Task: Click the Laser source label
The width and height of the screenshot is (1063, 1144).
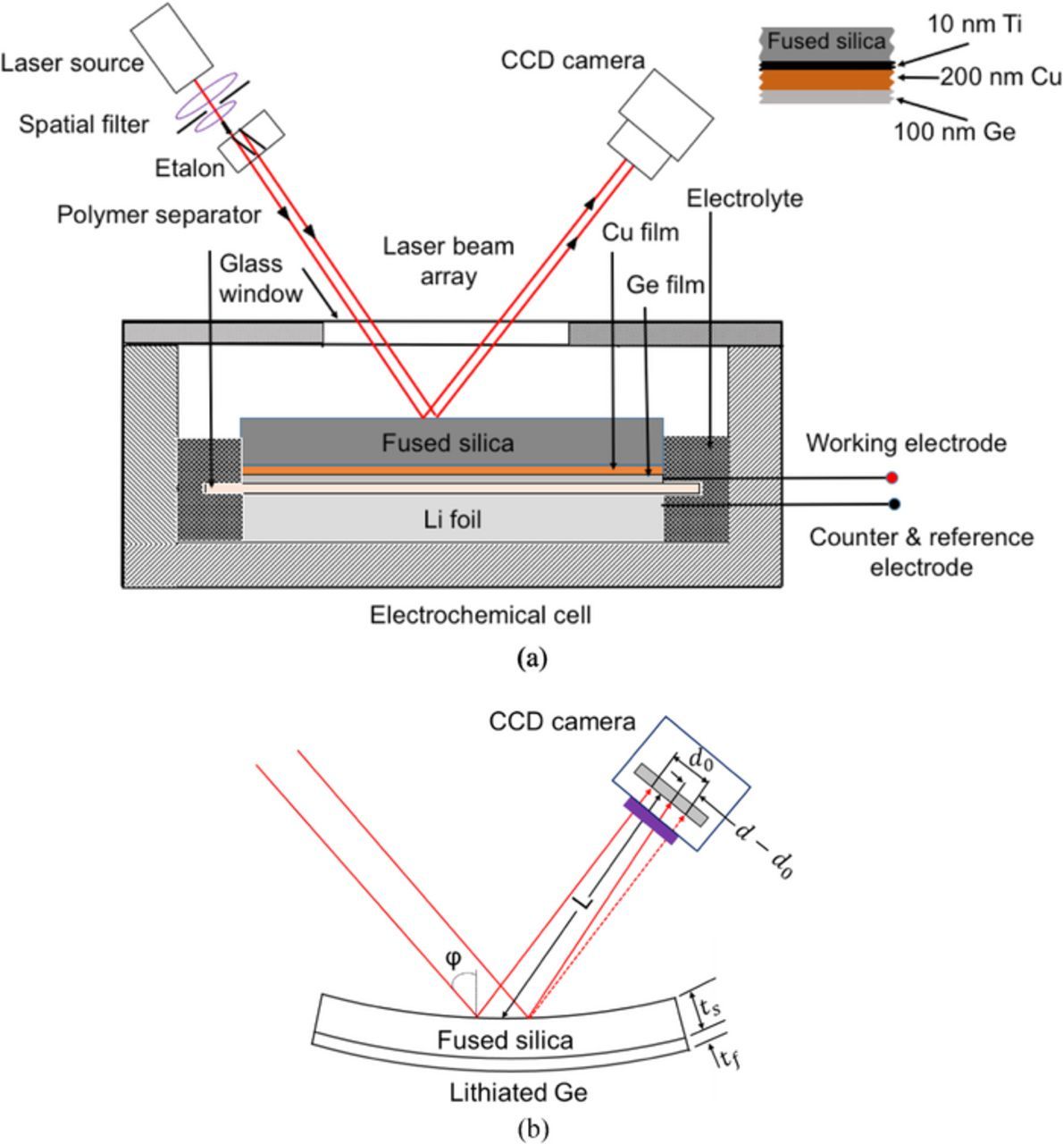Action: click(x=71, y=63)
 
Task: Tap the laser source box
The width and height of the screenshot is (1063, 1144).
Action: click(x=172, y=44)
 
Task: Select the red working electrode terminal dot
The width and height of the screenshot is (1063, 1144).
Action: click(x=891, y=477)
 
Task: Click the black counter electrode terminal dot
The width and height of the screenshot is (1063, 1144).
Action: click(x=894, y=504)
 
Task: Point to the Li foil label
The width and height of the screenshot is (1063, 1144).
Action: click(x=452, y=519)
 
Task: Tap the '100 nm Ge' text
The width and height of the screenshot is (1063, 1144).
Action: click(x=955, y=132)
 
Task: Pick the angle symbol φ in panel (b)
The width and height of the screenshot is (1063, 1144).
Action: click(x=454, y=960)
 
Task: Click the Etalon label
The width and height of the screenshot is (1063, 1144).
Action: click(x=188, y=168)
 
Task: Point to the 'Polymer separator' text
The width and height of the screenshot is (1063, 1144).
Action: click(x=158, y=215)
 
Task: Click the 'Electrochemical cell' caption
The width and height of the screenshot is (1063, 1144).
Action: click(x=481, y=615)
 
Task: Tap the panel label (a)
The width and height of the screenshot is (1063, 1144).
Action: click(x=531, y=659)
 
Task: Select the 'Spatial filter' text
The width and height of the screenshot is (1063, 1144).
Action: click(x=84, y=124)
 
